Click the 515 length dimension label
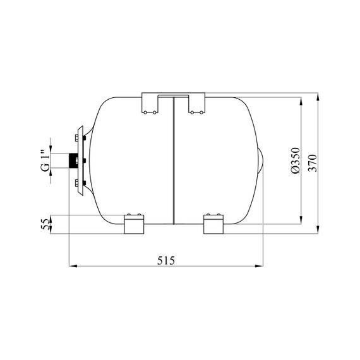[x=166, y=261]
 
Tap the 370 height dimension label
[x=313, y=163]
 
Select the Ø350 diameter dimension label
[x=296, y=160]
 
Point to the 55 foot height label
[x=45, y=224]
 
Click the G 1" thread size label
[x=45, y=160]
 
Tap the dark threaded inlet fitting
[x=73, y=160]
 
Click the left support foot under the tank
[x=134, y=224]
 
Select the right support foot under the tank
[x=213, y=224]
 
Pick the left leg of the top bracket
[x=150, y=103]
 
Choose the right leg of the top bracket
[x=197, y=103]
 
